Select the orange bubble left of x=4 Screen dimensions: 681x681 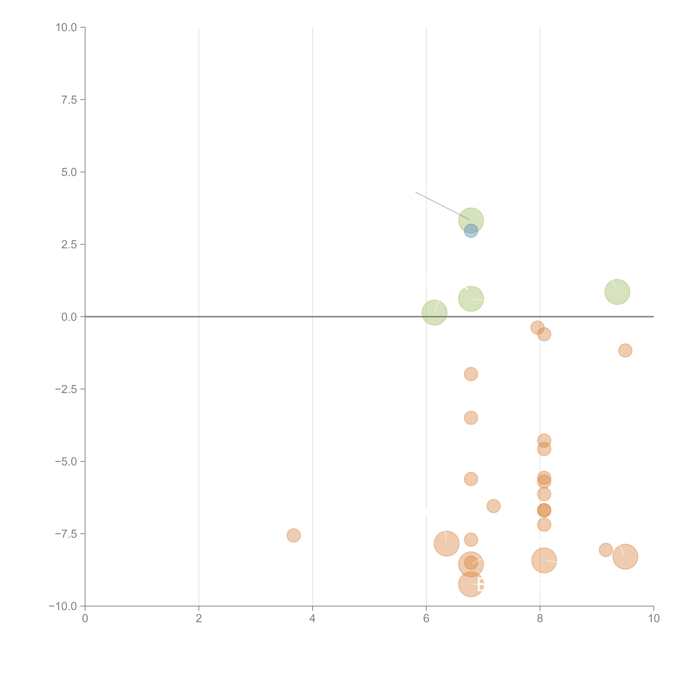click(294, 535)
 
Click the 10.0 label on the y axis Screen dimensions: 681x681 click(66, 28)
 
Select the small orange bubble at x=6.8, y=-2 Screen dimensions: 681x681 click(471, 374)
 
